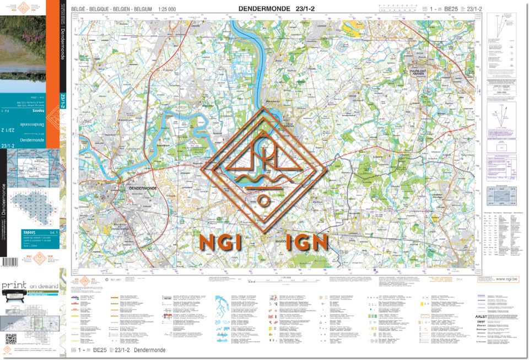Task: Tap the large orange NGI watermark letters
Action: point(217,241)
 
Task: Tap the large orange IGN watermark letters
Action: point(307,241)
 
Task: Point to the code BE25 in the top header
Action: point(451,9)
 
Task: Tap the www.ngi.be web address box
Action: point(499,280)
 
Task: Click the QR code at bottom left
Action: point(9,338)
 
